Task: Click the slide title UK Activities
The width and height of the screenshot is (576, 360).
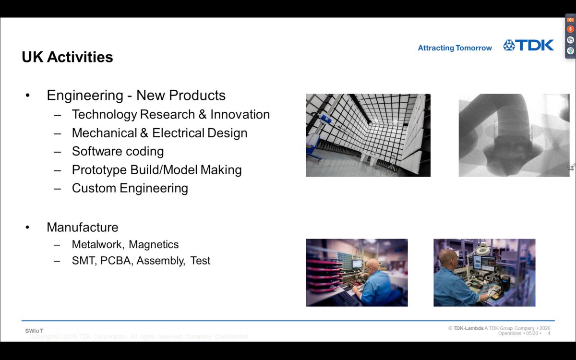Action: click(x=67, y=57)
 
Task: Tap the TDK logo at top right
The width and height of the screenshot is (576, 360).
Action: click(x=528, y=46)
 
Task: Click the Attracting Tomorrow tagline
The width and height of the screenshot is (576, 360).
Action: click(x=455, y=48)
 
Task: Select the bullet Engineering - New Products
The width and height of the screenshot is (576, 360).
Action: click(x=136, y=95)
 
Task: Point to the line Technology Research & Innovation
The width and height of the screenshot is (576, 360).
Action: click(x=170, y=114)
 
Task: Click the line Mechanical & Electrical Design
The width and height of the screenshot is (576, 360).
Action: click(x=159, y=133)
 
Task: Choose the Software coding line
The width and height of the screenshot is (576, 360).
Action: click(x=118, y=151)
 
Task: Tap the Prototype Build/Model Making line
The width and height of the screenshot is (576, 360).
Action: click(x=156, y=169)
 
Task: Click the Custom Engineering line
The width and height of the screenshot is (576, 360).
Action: click(x=130, y=188)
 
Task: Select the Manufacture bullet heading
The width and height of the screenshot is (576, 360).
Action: click(x=82, y=227)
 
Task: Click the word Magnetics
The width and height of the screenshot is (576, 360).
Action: click(x=154, y=244)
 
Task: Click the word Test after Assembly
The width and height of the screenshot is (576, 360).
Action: click(x=200, y=261)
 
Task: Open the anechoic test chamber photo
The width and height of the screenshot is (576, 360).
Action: click(x=368, y=135)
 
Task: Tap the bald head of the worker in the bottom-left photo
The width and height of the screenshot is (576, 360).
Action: click(x=372, y=265)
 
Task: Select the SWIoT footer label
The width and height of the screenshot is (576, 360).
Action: click(x=34, y=331)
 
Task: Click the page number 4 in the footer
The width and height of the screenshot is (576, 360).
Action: click(x=549, y=333)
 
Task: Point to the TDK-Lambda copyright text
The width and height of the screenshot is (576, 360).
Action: click(x=499, y=328)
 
